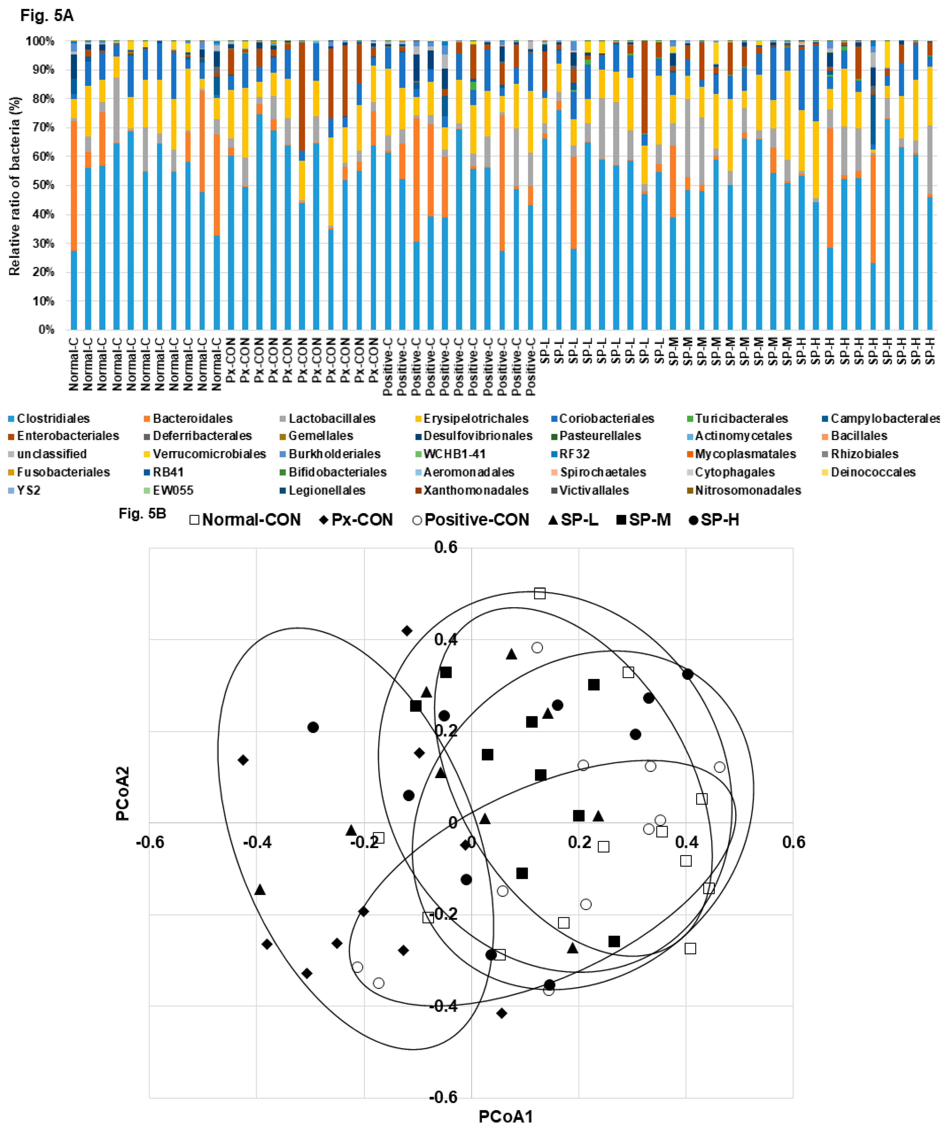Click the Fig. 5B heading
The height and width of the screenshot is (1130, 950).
[142, 513]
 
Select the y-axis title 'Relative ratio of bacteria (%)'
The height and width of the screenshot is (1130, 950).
[14, 186]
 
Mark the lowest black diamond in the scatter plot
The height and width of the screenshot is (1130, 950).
[502, 1013]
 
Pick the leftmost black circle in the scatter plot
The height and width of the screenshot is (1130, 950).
[313, 727]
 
